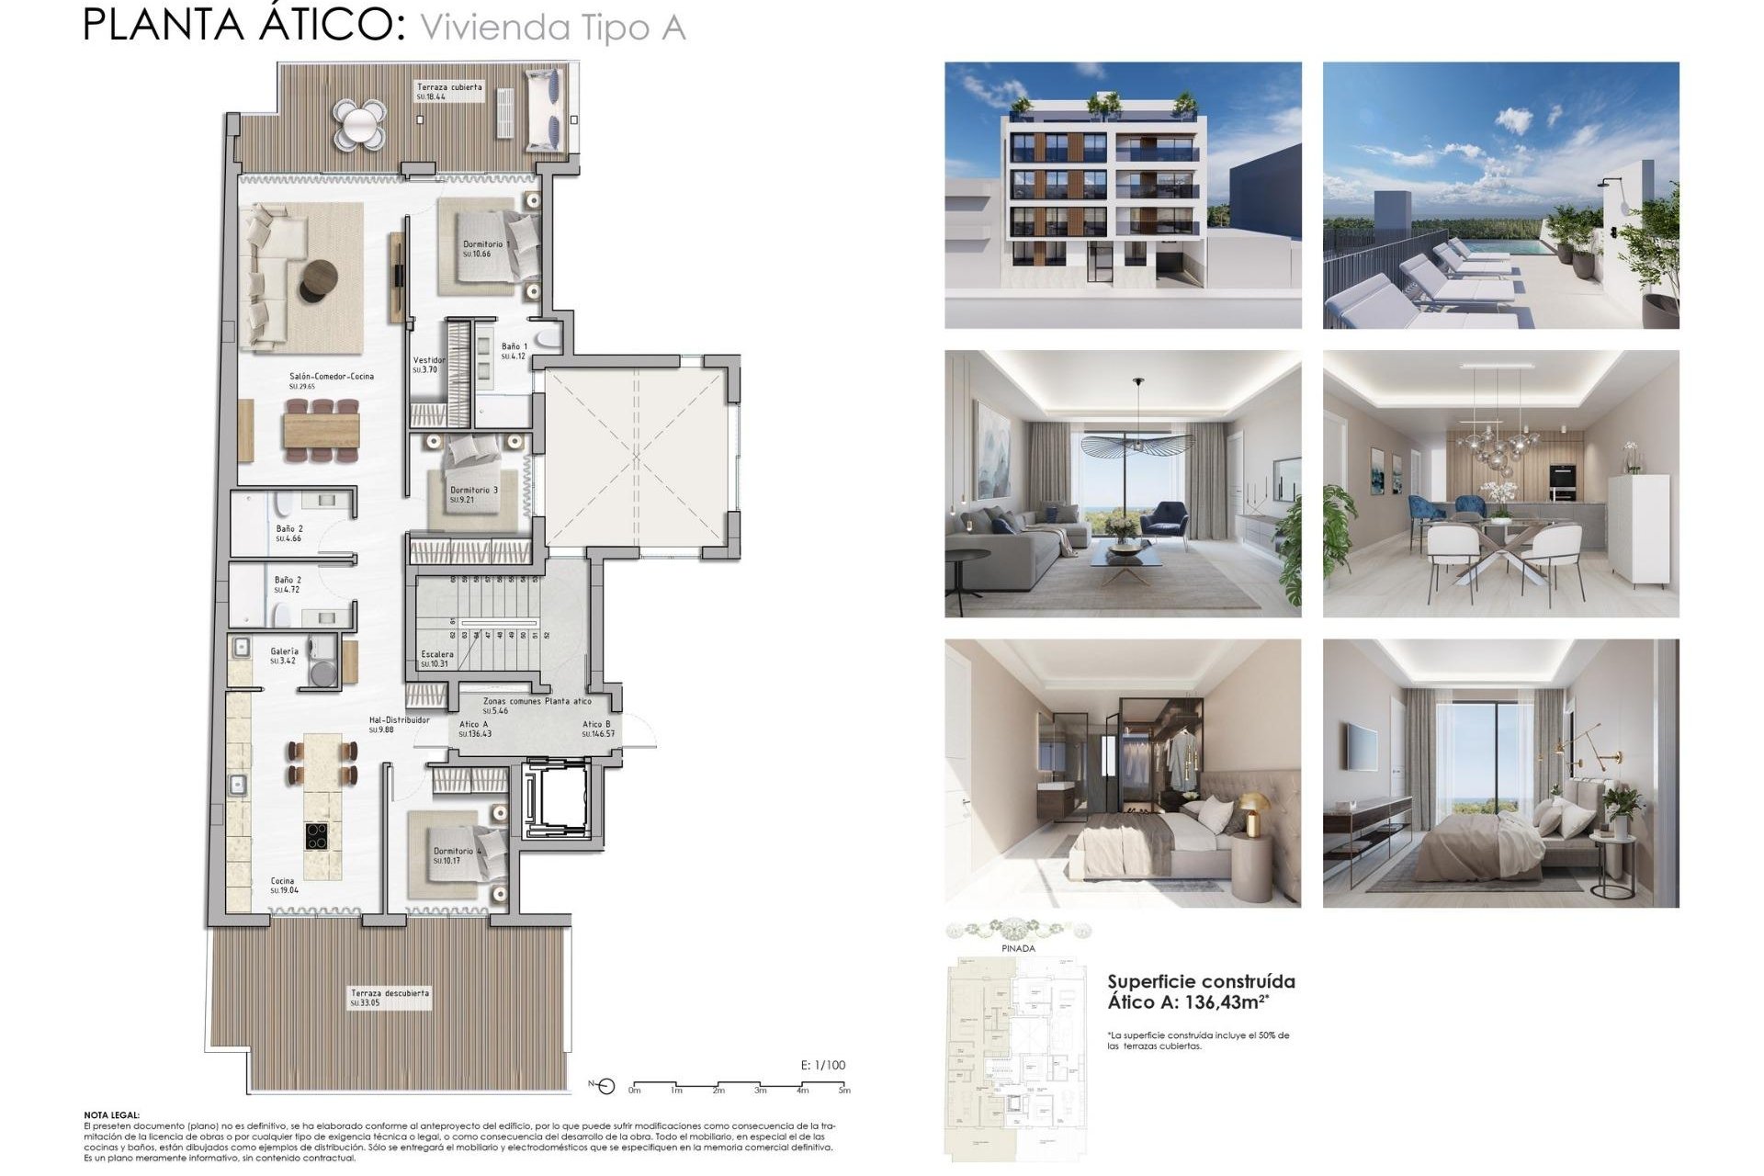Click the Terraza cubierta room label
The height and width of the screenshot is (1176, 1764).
tap(449, 87)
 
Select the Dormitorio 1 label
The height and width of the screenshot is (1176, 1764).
tap(485, 244)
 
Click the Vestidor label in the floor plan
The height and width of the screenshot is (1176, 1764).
tap(428, 361)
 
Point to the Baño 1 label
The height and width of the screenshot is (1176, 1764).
tap(514, 347)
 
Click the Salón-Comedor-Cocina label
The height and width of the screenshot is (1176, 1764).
tap(331, 377)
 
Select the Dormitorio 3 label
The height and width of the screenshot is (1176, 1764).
tap(473, 491)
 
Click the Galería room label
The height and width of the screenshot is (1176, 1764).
tap(284, 651)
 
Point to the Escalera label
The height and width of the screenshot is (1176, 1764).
tap(436, 654)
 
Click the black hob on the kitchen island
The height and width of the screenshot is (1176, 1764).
tap(318, 837)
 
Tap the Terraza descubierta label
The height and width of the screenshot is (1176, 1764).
tap(389, 993)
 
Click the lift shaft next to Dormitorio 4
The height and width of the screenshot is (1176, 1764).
tap(554, 799)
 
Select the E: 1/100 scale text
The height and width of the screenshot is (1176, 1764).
tap(823, 1066)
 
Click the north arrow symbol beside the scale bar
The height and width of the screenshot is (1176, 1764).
tap(604, 1088)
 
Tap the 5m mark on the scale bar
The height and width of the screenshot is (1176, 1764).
tap(843, 1091)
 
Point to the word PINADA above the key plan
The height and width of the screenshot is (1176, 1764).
tap(1018, 948)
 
